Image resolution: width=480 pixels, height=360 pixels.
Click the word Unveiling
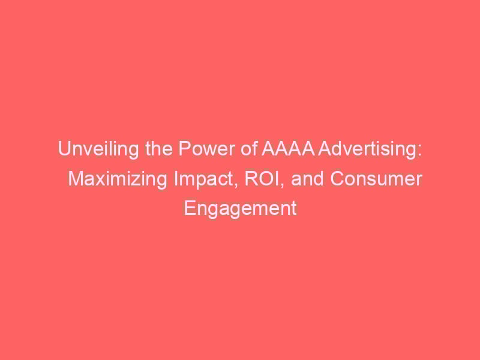pos(98,149)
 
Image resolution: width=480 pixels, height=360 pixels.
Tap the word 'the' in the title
pos(158,149)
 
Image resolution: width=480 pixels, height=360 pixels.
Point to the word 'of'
pos(249,149)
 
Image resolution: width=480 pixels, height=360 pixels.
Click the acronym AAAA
pos(288,149)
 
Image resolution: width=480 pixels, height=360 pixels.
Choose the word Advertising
pos(367,149)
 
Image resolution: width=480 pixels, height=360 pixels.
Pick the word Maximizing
pos(118,179)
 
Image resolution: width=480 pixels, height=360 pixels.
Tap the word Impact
pos(204,179)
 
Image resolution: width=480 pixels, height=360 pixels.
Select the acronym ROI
pos(262,179)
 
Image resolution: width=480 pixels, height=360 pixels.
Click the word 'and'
pos(307,179)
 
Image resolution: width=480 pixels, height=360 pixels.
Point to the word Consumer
pos(376,179)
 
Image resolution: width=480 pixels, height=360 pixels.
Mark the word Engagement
pos(241,208)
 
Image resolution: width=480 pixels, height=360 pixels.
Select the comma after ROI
pos(282,185)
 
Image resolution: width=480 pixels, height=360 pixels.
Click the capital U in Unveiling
pos(64,149)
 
